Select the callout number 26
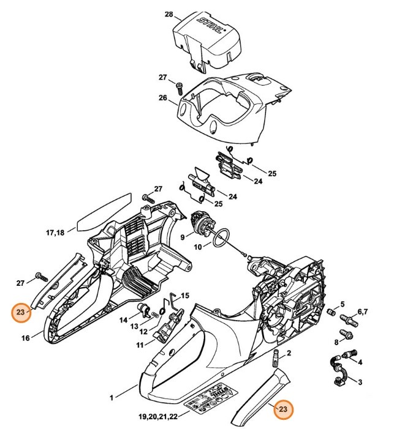coord(163,98)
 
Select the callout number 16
coord(26,337)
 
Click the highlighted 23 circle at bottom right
coord(283,409)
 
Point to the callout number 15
coord(184,296)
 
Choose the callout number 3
coord(360,382)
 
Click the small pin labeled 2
coord(275,356)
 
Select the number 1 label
coord(112,398)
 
